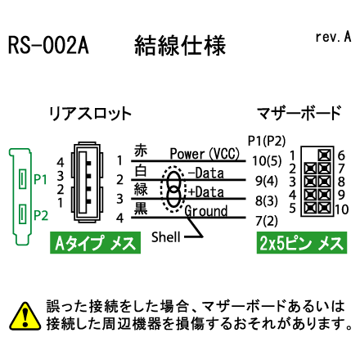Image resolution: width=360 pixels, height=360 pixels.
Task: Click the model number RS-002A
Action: (x=48, y=45)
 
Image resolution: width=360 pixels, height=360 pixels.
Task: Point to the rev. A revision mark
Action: (x=333, y=37)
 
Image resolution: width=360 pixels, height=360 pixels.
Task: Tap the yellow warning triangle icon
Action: (x=25, y=316)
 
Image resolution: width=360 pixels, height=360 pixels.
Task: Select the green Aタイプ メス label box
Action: (x=95, y=243)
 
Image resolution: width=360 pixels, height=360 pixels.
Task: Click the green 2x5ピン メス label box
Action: (x=302, y=243)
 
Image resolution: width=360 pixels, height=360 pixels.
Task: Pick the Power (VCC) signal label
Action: (x=205, y=154)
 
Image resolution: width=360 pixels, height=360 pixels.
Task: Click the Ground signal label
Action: (x=206, y=211)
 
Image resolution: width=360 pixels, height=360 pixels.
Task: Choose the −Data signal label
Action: (x=206, y=173)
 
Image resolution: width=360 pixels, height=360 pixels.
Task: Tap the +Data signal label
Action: (x=206, y=192)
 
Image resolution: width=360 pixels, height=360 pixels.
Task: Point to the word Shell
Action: (x=166, y=237)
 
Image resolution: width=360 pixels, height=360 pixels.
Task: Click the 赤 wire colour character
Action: (x=141, y=151)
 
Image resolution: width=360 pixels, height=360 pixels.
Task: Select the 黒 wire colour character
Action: (x=141, y=209)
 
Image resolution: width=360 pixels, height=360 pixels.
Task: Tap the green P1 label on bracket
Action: (x=41, y=179)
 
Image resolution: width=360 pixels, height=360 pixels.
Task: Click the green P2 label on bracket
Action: (x=41, y=215)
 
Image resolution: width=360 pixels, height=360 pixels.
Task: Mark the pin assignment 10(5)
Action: (x=267, y=161)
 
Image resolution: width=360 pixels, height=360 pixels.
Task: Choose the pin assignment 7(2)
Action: (x=267, y=221)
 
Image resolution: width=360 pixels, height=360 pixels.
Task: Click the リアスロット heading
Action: (x=90, y=114)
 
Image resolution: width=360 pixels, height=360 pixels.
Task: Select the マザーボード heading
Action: (x=299, y=113)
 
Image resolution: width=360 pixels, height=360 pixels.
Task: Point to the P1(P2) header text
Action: (x=267, y=141)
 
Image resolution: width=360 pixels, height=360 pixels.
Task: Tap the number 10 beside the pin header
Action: (x=342, y=209)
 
